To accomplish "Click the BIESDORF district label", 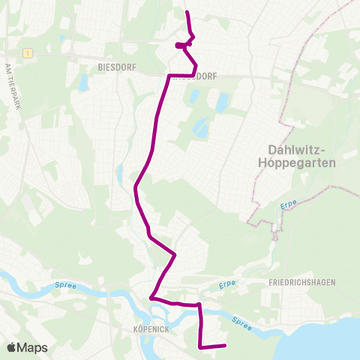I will [x=115, y=66].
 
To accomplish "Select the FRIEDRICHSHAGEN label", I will [x=301, y=281].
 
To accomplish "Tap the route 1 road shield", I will [x=27, y=53].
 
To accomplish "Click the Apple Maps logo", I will [x=27, y=347].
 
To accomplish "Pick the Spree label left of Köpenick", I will [x=65, y=285].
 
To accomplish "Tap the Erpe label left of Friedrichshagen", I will [x=228, y=285].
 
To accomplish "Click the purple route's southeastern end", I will [x=224, y=346].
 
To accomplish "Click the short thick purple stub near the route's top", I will [x=181, y=45].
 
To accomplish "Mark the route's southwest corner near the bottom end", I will [x=200, y=346].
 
